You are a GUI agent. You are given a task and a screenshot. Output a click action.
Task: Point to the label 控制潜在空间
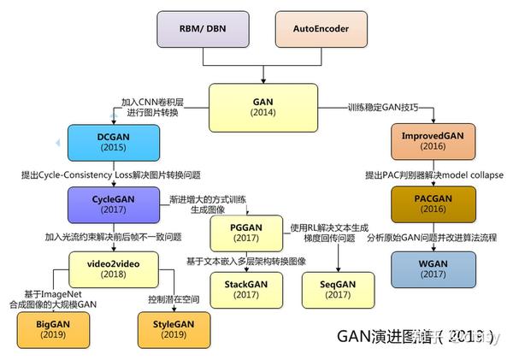pyautogui.click(x=174, y=298)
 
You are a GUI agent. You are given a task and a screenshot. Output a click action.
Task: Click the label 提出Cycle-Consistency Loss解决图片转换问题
pyautogui.click(x=111, y=174)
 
